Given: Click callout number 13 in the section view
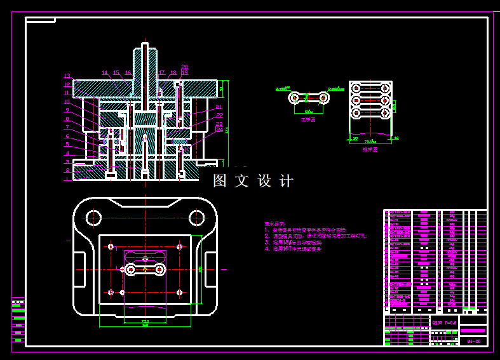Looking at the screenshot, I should coord(67,76).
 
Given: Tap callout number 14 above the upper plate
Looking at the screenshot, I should coord(105,73).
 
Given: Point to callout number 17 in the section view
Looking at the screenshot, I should coord(162,73).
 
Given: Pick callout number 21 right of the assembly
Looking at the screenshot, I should coord(219,107).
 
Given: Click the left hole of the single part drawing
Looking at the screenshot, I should coord(294,98).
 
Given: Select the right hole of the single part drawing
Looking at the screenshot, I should coord(324,98).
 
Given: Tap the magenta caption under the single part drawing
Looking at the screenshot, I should coord(307,119).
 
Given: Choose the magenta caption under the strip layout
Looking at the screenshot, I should coord(370,150).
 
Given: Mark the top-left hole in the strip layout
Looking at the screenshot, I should coord(356,88).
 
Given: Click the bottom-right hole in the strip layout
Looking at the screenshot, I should coord(385,113).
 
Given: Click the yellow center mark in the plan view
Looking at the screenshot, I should coord(145,270).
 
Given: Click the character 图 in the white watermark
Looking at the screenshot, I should coord(220,181).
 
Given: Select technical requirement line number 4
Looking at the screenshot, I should coord(294,250).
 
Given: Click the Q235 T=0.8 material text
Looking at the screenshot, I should coord(444,323).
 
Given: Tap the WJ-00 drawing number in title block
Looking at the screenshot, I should coord(473,342).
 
